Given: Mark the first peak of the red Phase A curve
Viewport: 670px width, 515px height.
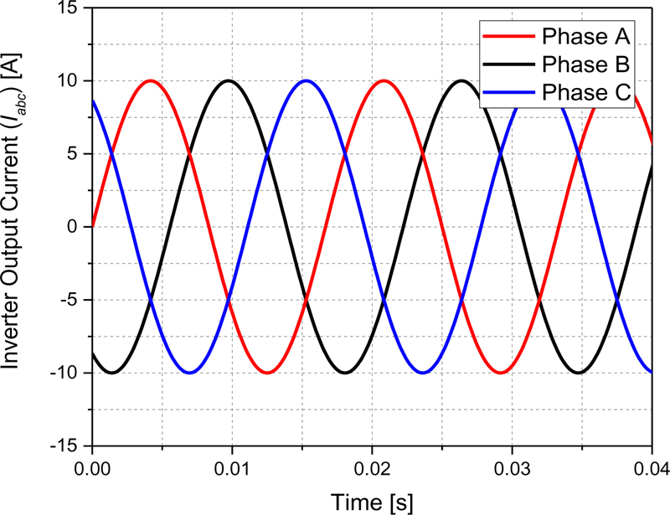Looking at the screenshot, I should point(151,80).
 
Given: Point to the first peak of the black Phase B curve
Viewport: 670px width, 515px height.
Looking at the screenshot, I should point(228,80).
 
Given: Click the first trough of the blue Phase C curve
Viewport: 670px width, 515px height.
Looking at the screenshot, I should point(189,373).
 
